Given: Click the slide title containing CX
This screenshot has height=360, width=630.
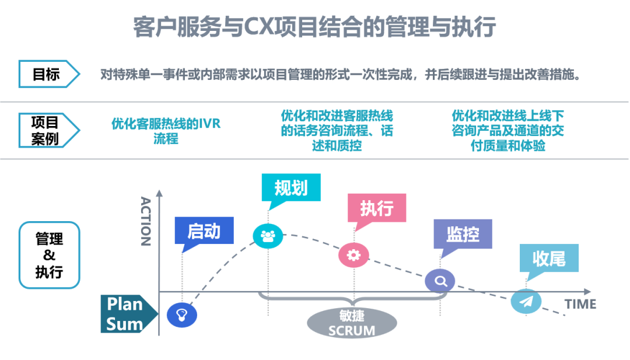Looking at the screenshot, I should click(x=314, y=27).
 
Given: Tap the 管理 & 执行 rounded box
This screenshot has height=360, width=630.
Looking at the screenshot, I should click(x=49, y=255).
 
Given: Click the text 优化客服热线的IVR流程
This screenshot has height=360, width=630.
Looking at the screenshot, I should click(x=166, y=131).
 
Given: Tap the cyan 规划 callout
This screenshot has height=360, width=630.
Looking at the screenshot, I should click(x=291, y=187).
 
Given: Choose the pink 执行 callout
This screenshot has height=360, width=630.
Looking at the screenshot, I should click(x=376, y=208).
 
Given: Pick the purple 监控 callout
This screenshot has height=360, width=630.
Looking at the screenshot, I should click(x=463, y=234).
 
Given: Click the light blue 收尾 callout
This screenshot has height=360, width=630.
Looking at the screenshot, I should click(x=549, y=258).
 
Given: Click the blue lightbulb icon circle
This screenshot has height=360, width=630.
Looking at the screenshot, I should click(x=181, y=315).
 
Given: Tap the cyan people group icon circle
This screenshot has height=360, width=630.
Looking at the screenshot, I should click(x=268, y=236).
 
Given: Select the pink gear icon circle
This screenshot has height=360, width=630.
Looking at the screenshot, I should click(x=353, y=254).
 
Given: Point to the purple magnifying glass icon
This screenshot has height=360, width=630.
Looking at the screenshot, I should click(x=440, y=281).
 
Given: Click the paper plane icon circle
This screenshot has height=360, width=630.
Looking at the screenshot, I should click(x=526, y=301).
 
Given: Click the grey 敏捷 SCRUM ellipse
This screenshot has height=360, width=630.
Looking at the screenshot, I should click(x=351, y=323).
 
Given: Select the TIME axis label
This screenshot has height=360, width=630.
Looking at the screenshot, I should click(x=580, y=304).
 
